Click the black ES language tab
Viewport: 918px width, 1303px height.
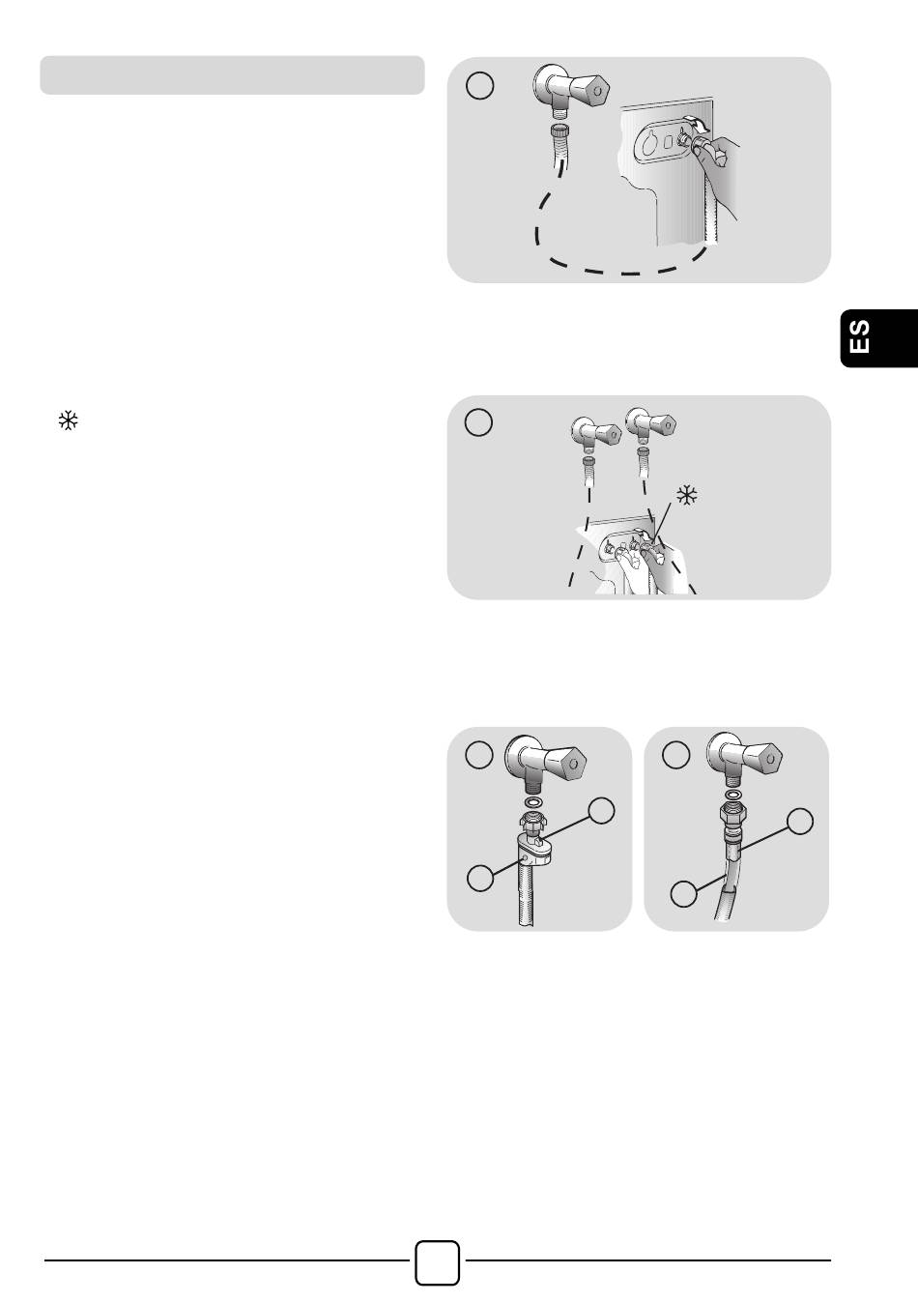click(x=879, y=338)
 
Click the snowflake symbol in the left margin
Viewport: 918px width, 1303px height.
click(x=68, y=420)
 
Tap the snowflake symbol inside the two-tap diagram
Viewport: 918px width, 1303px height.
click(x=687, y=495)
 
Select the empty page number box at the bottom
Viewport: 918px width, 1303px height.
click(x=437, y=1262)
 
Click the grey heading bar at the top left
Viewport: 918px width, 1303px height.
click(x=232, y=75)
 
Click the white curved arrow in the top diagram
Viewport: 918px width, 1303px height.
click(x=698, y=122)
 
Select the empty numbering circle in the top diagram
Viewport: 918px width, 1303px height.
click(x=479, y=85)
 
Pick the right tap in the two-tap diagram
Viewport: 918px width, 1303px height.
click(x=650, y=424)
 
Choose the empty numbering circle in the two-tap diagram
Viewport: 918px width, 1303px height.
click(x=478, y=422)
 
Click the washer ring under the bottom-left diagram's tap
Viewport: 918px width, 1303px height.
click(x=532, y=802)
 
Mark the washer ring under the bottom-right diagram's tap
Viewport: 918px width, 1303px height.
click(x=732, y=796)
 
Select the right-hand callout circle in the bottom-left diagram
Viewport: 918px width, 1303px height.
click(x=601, y=810)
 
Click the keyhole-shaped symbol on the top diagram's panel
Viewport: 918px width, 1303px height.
click(x=650, y=141)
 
